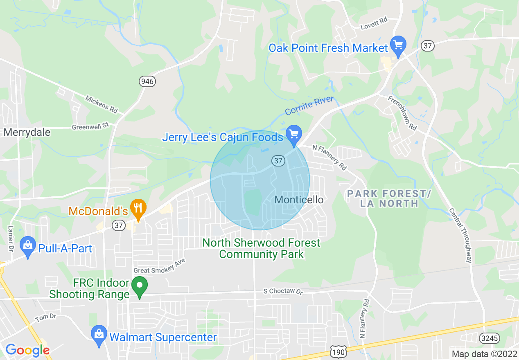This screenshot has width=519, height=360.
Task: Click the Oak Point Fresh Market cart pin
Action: [x=398, y=45]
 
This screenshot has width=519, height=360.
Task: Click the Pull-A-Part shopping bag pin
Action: [x=28, y=246]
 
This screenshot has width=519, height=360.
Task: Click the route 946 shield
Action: [x=147, y=81]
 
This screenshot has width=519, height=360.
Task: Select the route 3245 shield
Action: [x=485, y=338]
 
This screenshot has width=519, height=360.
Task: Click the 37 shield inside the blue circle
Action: [x=278, y=161]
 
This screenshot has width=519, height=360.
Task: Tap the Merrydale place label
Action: [x=27, y=133]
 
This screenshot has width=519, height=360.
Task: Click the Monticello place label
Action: [x=299, y=200]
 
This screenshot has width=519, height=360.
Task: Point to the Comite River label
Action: [x=309, y=106]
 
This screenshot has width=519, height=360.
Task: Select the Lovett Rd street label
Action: [x=374, y=24]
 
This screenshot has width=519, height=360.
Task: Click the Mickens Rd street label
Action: [x=101, y=104]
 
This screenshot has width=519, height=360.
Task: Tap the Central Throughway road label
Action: [x=460, y=235]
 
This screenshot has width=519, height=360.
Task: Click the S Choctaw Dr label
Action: [x=283, y=292]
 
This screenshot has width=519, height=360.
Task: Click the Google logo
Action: [x=27, y=350]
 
